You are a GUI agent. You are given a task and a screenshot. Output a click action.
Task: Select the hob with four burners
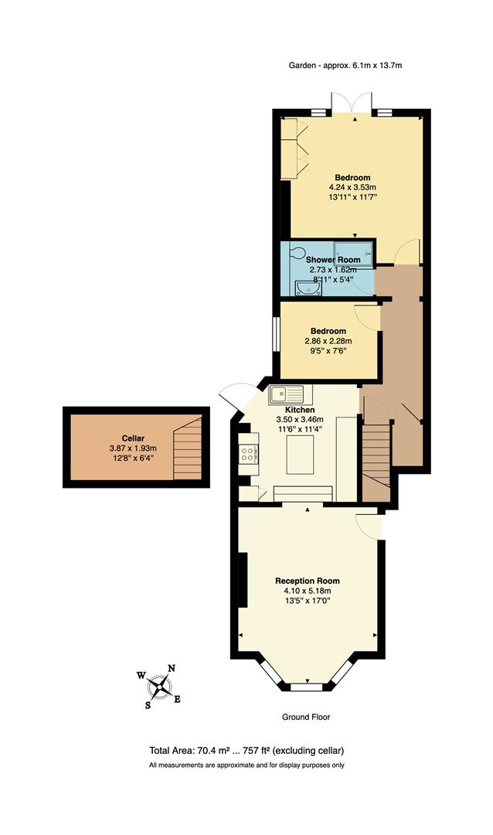249,452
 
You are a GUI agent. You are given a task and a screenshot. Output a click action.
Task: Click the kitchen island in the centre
301,454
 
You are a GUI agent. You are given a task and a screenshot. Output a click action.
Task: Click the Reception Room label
308,581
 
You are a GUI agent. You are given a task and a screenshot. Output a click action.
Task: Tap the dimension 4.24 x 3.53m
352,187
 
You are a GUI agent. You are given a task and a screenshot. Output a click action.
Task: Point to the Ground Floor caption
307,717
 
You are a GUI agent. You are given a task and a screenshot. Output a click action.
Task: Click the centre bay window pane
307,685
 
